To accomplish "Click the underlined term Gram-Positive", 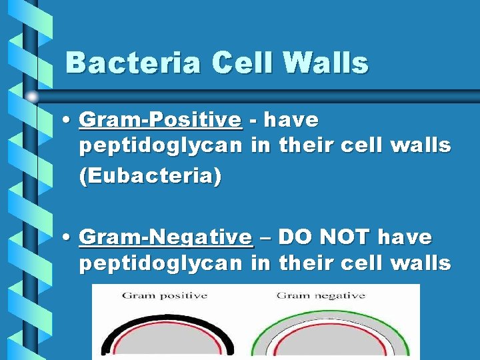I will pyautogui.click(x=160, y=120).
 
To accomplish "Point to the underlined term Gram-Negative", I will pyautogui.click(x=166, y=237).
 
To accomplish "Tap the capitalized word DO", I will pyautogui.click(x=290, y=237).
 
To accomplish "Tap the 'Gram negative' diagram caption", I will pyautogui.click(x=321, y=295).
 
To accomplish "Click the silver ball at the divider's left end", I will pyautogui.click(x=33, y=97).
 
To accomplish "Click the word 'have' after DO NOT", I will pyautogui.click(x=405, y=237).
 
